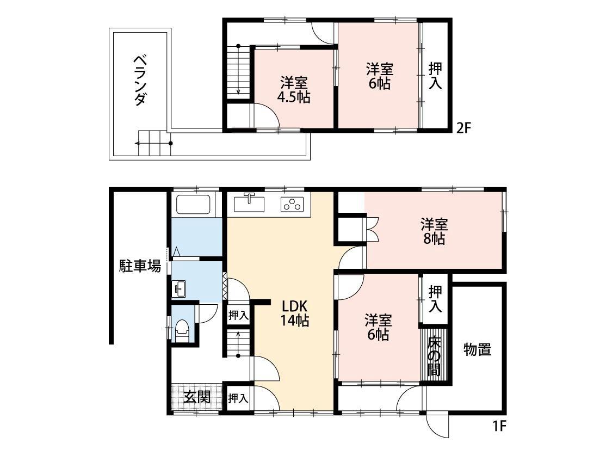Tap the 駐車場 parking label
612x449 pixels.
click(x=140, y=267)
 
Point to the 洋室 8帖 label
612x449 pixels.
click(x=434, y=231)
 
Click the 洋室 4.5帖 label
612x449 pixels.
click(x=294, y=90)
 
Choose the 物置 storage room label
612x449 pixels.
click(x=477, y=349)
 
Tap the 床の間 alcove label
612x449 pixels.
click(x=434, y=356)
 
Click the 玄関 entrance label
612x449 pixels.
click(x=196, y=397)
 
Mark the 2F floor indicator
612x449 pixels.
click(x=463, y=128)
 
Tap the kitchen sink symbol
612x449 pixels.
click(x=249, y=204)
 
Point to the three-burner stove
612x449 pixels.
click(x=292, y=205)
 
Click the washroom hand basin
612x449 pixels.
click(x=180, y=288)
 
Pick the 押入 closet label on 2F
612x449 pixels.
click(x=435, y=76)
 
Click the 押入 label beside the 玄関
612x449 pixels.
click(x=238, y=398)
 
